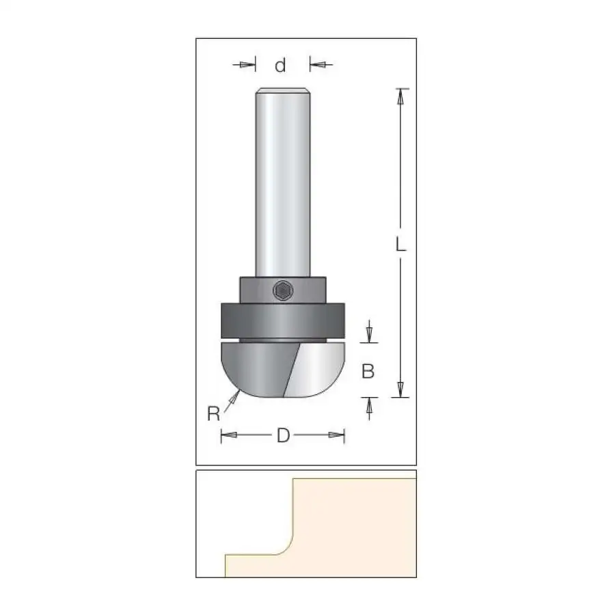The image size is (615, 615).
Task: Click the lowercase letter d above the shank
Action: pyautogui.click(x=280, y=65)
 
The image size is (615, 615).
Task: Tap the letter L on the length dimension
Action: pyautogui.click(x=400, y=245)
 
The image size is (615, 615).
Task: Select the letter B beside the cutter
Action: pyautogui.click(x=368, y=371)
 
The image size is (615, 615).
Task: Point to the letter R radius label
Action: pyautogui.click(x=213, y=414)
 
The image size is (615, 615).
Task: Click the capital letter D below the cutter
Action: pyautogui.click(x=283, y=435)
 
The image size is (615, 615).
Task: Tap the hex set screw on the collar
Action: pyautogui.click(x=283, y=291)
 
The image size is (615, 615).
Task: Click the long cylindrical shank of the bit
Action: pyautogui.click(x=283, y=182)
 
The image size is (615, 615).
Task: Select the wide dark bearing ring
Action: pyautogui.click(x=283, y=320)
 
